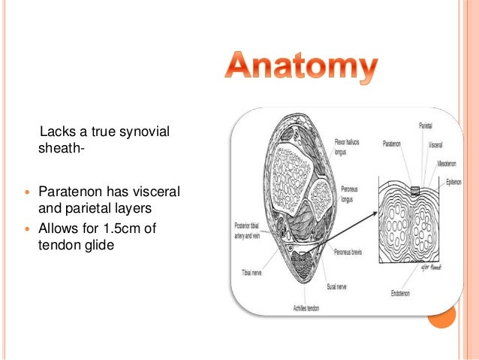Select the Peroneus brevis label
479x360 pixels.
pos(346,253)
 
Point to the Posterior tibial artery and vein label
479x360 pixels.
pos(244,230)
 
